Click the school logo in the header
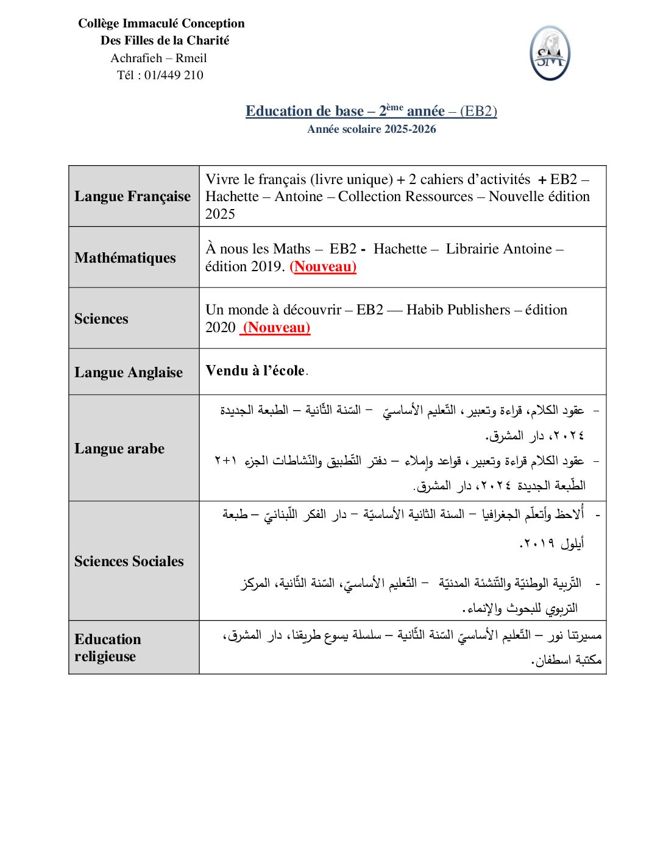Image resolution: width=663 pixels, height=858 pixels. [x=550, y=54]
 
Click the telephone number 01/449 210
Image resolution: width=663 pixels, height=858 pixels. [x=174, y=75]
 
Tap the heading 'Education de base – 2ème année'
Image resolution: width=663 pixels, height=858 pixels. [x=345, y=111]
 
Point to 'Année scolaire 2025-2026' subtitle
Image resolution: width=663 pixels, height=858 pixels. [x=371, y=129]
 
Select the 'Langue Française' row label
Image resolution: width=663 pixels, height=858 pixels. [x=132, y=196]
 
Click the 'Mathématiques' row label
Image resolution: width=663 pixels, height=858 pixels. [x=125, y=258]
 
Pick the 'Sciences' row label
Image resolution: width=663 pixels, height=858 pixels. [x=101, y=319]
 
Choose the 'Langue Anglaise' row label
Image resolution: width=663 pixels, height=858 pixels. [x=128, y=372]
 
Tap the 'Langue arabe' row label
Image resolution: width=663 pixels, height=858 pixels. [x=119, y=448]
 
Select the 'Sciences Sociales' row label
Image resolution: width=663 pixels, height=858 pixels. [x=129, y=561]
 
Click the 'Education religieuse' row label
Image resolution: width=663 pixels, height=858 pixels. [x=107, y=648]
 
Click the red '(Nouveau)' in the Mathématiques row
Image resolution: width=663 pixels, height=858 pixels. [x=323, y=266]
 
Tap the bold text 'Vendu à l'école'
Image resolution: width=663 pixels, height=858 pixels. [x=255, y=370]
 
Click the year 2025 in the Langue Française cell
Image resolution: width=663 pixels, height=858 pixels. [x=220, y=214]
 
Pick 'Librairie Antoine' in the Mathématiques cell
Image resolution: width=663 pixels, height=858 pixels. [x=498, y=249]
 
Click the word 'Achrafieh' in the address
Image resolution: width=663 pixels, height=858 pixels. [x=136, y=58]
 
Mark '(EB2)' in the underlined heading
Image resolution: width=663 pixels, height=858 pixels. [x=478, y=111]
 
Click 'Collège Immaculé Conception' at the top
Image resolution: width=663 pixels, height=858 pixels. [x=161, y=23]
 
